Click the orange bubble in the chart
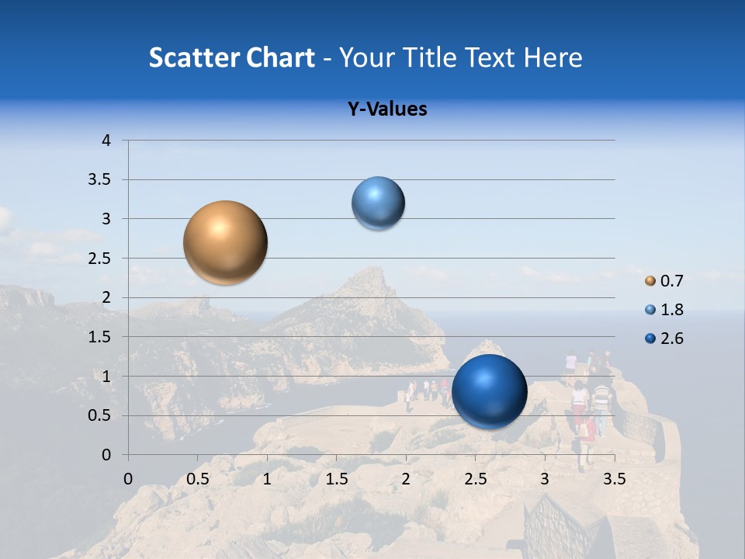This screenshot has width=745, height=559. (226, 242)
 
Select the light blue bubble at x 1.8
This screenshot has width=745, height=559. (379, 203)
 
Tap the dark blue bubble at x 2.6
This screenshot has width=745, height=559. (489, 391)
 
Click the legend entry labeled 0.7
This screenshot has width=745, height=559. (664, 281)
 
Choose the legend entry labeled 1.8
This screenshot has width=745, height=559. (664, 310)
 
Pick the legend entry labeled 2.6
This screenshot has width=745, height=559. (664, 339)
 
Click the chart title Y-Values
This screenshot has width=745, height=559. (387, 109)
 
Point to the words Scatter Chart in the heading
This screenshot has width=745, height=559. (232, 57)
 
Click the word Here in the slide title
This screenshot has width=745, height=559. (553, 57)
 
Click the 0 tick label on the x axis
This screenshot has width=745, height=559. (128, 479)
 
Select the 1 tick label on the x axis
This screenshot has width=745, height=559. (267, 479)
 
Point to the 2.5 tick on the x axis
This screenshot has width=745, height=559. (475, 479)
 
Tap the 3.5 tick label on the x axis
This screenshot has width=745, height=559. (614, 479)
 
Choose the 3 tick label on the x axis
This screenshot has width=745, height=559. (545, 479)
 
